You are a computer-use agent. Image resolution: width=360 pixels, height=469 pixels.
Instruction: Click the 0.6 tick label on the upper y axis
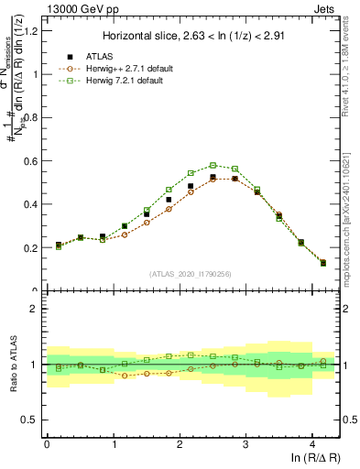point(30,161)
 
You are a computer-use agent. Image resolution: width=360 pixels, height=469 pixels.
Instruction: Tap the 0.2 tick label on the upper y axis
point(30,248)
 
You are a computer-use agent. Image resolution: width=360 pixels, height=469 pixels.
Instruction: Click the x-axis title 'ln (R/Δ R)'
point(309,459)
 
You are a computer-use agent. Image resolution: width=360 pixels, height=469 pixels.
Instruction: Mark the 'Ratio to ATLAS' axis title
point(13,365)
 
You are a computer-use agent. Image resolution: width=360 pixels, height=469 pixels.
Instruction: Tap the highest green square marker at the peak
point(213,166)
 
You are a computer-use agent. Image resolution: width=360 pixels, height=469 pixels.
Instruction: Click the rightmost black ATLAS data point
point(322,263)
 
